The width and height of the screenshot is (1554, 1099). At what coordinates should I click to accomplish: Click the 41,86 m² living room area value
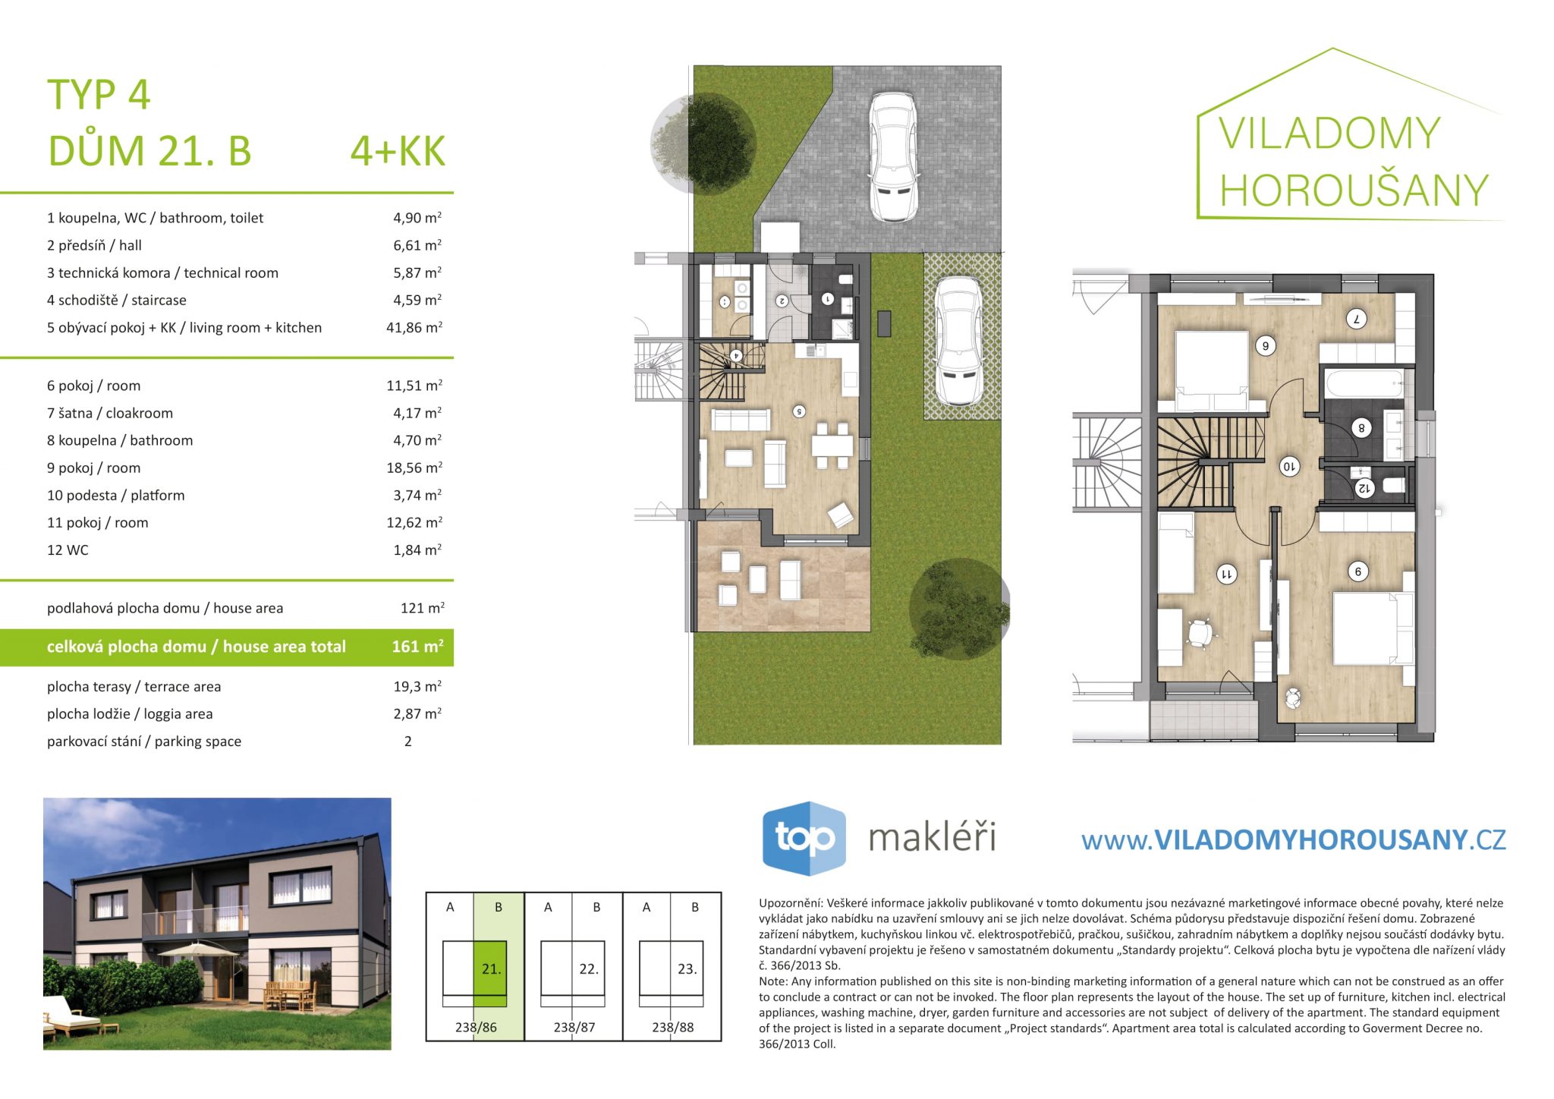414,327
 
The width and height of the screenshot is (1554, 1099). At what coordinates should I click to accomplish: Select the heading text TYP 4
99,95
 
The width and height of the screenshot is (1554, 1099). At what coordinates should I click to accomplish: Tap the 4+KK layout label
398,151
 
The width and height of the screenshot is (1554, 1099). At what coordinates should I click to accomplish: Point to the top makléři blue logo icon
804,838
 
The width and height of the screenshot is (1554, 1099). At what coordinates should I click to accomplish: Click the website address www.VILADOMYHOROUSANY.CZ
1294,839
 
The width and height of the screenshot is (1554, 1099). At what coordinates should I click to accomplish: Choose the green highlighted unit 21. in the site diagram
490,968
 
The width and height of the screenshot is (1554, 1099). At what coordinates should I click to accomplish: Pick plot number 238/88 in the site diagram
673,1027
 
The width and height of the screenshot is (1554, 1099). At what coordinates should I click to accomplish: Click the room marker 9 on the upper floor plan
1358,572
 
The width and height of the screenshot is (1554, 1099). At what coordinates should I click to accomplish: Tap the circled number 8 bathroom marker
1361,428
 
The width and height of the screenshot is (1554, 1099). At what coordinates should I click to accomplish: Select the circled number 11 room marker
1226,574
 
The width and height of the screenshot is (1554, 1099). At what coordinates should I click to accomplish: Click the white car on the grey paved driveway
893,157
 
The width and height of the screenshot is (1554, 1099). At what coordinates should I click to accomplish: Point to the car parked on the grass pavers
959,341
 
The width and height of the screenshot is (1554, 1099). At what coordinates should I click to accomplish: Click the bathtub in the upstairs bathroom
1364,383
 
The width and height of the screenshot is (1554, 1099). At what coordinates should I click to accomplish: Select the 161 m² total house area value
417,647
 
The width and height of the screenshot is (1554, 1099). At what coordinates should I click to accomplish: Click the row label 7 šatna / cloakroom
110,413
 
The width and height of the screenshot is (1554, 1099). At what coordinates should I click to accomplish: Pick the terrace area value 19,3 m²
417,686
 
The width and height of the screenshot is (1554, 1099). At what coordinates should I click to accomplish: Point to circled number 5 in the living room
799,411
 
